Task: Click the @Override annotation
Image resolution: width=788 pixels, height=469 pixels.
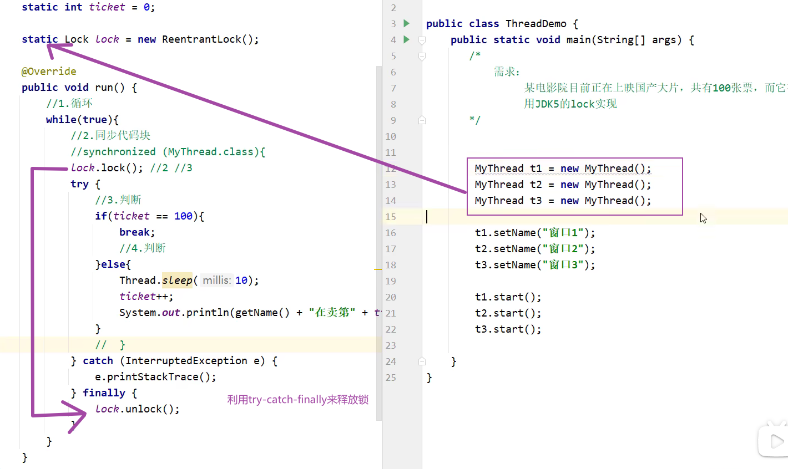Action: tap(49, 72)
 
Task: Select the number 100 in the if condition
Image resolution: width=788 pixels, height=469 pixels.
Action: tap(183, 216)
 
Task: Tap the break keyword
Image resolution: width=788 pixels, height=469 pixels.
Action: tap(136, 232)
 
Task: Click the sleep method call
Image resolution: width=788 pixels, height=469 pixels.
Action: tap(177, 281)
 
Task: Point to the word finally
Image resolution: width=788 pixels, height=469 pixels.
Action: tap(104, 393)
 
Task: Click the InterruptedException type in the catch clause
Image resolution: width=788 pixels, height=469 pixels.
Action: tap(186, 361)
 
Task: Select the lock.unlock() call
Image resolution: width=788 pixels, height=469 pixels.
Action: tap(137, 409)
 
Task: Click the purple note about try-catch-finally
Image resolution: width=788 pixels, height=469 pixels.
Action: tap(297, 400)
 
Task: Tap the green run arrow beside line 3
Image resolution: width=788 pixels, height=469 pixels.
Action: tap(407, 23)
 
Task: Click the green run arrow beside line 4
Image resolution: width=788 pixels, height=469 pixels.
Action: tap(407, 39)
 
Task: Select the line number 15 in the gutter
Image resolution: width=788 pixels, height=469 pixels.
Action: tap(391, 217)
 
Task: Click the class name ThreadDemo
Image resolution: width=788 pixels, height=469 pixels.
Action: tap(536, 24)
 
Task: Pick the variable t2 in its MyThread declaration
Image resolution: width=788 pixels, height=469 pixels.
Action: tap(536, 185)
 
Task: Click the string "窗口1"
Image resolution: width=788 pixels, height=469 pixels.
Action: tap(563, 233)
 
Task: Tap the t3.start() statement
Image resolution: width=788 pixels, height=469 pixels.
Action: tap(508, 329)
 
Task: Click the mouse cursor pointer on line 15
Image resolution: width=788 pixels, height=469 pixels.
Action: tap(703, 218)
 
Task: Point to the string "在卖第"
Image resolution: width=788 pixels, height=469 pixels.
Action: tap(332, 313)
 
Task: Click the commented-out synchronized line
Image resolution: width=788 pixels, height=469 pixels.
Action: tap(168, 152)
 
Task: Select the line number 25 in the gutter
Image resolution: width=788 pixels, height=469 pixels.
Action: tap(391, 378)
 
